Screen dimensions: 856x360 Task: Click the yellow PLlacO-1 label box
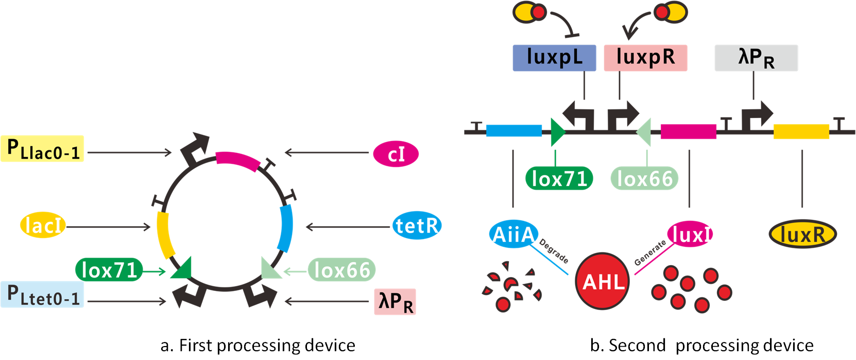coord(42,149)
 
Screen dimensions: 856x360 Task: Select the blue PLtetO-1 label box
coord(42,294)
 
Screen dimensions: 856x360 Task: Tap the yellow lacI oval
coord(43,226)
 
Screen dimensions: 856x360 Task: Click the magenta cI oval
coord(396,154)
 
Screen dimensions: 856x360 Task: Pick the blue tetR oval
coord(417,226)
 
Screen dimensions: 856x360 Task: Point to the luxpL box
coord(554,58)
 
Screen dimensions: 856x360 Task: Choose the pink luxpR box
coord(645,58)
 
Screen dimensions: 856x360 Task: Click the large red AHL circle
coord(602,281)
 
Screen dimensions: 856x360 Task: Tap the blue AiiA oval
coord(513,234)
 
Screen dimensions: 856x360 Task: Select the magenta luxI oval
coord(690,234)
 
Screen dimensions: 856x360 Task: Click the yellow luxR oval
coord(802,234)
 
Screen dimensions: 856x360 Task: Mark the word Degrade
coord(554,251)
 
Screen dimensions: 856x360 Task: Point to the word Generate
coord(650,253)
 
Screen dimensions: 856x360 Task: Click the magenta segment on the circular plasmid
coord(238,161)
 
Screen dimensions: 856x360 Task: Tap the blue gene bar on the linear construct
coord(513,131)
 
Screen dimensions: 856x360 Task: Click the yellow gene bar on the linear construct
coord(801,131)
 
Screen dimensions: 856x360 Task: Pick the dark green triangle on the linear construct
coord(558,132)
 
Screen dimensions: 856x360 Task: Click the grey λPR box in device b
coord(756,58)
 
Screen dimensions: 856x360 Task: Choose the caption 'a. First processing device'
coord(258,346)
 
